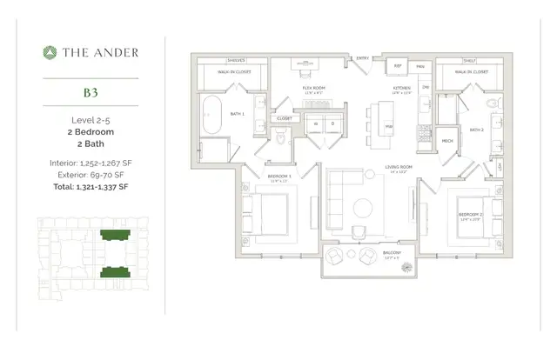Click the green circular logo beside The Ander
pyautogui.click(x=50, y=52)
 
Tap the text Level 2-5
pyautogui.click(x=91, y=119)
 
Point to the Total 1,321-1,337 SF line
pyautogui.click(x=91, y=186)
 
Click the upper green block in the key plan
pyautogui.click(x=111, y=236)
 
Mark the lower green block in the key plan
pyautogui.click(x=111, y=273)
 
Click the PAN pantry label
pyautogui.click(x=419, y=66)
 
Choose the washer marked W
pyautogui.click(x=316, y=123)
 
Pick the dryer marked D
pyautogui.click(x=333, y=123)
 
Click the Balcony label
pyautogui.click(x=392, y=252)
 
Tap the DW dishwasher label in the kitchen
pyautogui.click(x=425, y=87)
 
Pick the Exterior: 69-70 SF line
pyautogui.click(x=91, y=175)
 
